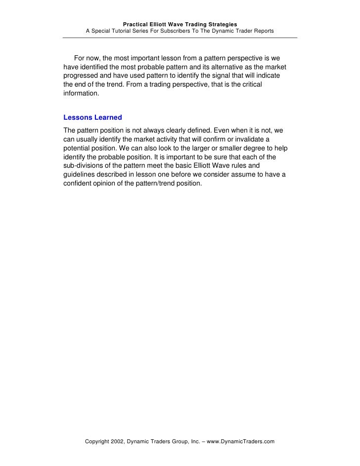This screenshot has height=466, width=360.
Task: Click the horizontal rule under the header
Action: (x=180, y=38)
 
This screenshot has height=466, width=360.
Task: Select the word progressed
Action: (x=81, y=76)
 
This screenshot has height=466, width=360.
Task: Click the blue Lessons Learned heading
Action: (x=93, y=118)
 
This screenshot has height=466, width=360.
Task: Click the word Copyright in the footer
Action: (x=99, y=441)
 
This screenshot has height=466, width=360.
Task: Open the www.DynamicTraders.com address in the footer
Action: (x=241, y=441)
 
